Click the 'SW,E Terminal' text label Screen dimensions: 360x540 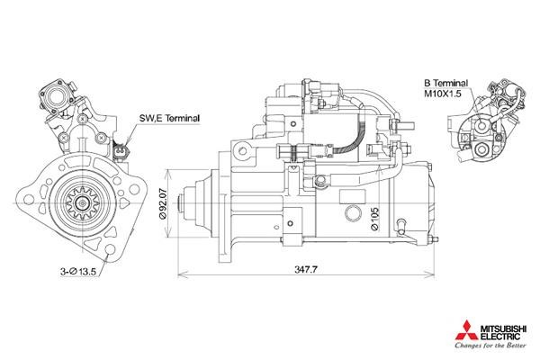(x=169, y=118)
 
